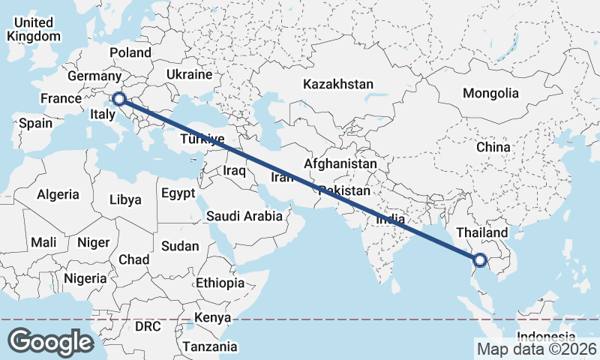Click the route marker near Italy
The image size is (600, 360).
tap(118, 98)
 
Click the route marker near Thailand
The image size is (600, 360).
tap(480, 261)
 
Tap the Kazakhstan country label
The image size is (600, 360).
tap(337, 85)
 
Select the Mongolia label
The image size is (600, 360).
tap(491, 94)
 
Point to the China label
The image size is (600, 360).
tap(493, 147)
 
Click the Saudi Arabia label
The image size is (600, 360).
tap(244, 216)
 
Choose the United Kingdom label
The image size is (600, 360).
tap(33, 30)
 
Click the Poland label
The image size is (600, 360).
tap(130, 52)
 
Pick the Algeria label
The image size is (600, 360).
tap(58, 194)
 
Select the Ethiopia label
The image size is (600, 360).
tap(220, 283)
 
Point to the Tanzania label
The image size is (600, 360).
tap(210, 347)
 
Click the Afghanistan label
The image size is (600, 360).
tap(340, 163)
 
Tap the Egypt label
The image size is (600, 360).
tap(178, 193)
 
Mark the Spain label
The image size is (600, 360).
tap(35, 123)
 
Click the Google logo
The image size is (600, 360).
tap(50, 341)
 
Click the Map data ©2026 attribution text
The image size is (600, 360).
tap(537, 349)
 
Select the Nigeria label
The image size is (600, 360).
tap(85, 277)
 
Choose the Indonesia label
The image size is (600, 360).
tap(547, 337)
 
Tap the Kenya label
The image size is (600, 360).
tap(212, 317)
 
